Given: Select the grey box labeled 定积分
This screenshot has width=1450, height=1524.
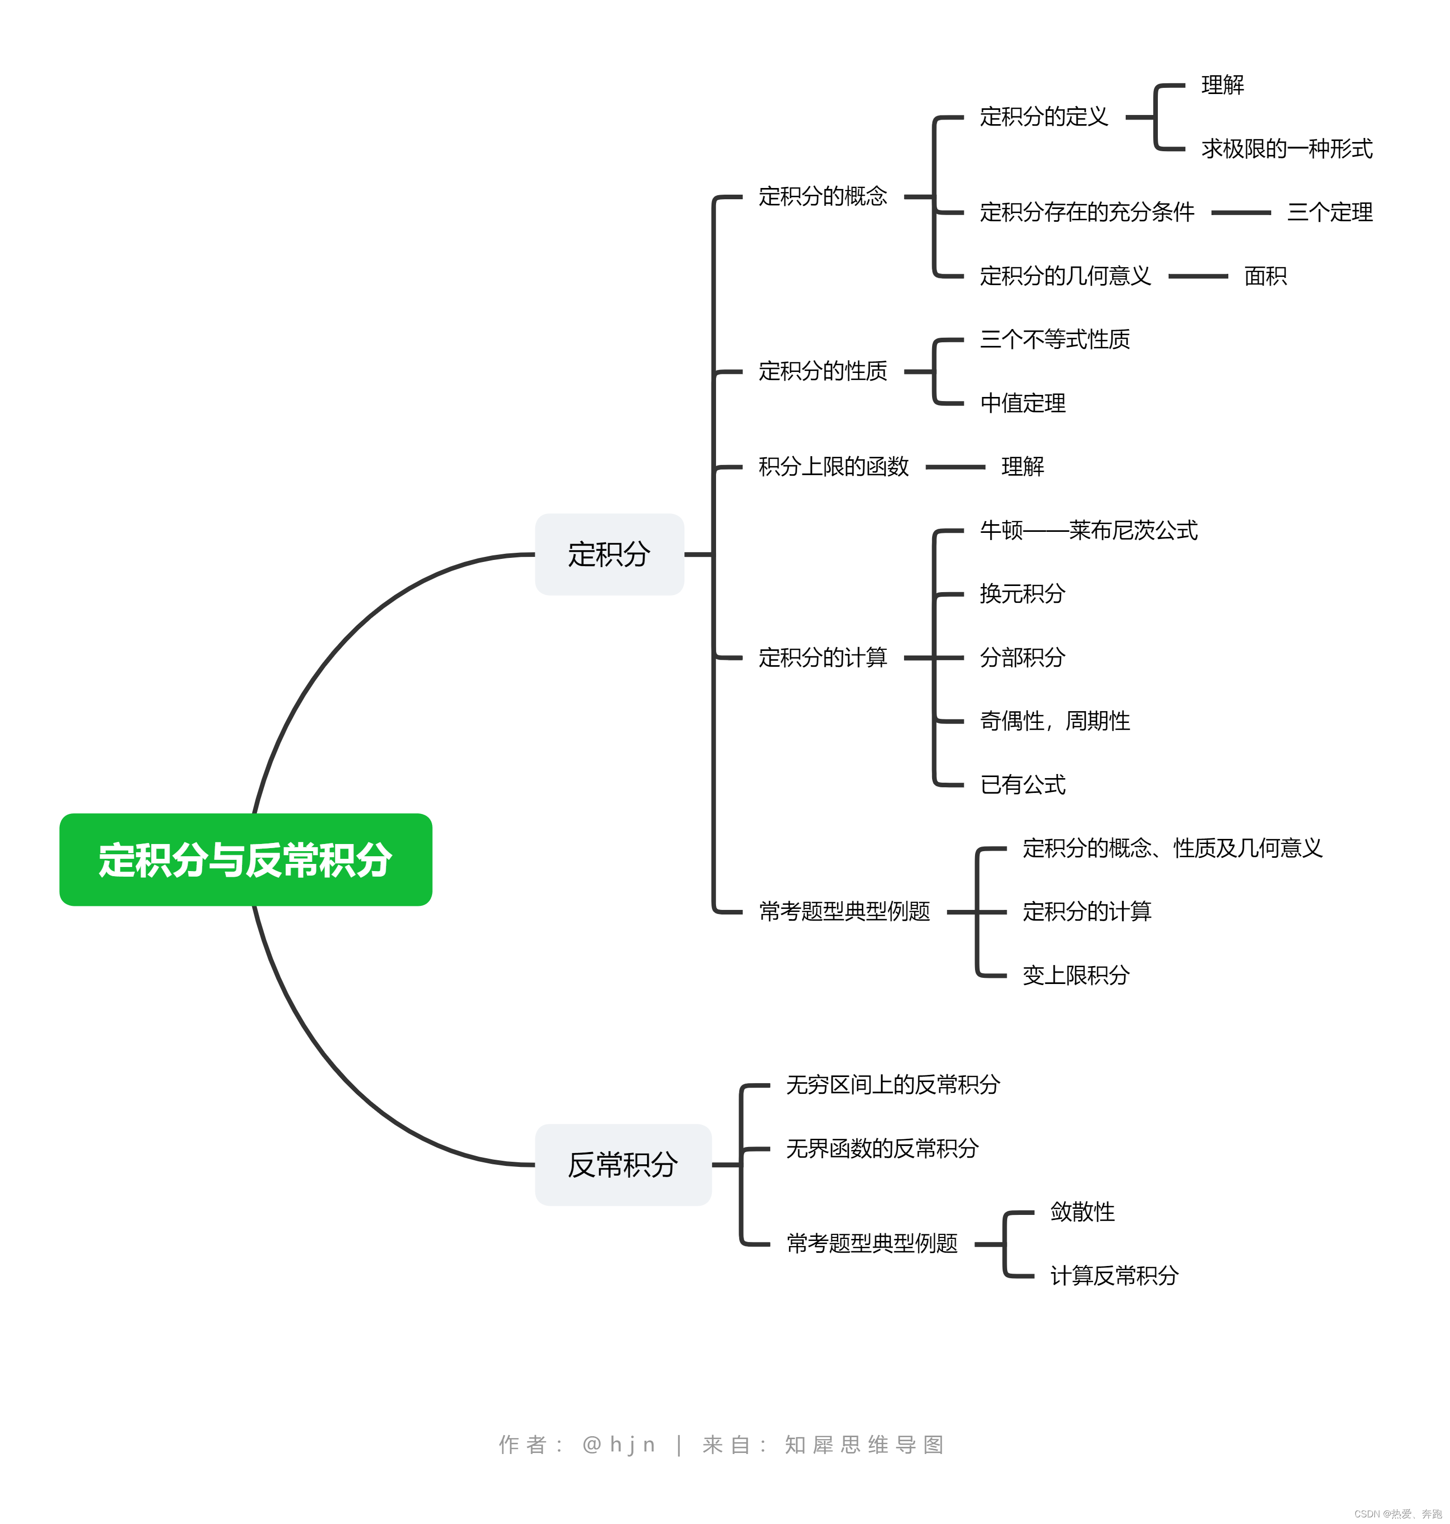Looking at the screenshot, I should pyautogui.click(x=609, y=554).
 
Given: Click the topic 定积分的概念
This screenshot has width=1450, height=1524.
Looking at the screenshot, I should pyautogui.click(x=822, y=196).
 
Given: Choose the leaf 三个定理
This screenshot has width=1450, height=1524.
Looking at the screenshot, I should pyautogui.click(x=1329, y=212).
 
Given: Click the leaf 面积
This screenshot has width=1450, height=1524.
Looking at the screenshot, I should pyautogui.click(x=1265, y=276).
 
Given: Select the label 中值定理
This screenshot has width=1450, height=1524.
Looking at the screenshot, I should pyautogui.click(x=1023, y=403).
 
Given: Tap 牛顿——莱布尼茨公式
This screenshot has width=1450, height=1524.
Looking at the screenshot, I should pyautogui.click(x=1088, y=530).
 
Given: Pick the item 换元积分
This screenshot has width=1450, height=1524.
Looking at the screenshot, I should pyautogui.click(x=1023, y=594).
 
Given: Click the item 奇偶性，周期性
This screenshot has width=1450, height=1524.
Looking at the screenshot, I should pyautogui.click(x=1054, y=721).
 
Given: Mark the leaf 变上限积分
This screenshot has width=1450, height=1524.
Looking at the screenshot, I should pyautogui.click(x=1076, y=975).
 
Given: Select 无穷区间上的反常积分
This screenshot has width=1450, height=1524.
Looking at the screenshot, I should pyautogui.click(x=893, y=1085).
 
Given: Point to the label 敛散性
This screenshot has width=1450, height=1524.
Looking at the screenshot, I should pyautogui.click(x=1082, y=1212).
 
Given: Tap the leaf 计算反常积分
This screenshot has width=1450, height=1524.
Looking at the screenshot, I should pyautogui.click(x=1114, y=1275).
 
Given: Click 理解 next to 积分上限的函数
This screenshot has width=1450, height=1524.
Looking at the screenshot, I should pyautogui.click(x=1023, y=466).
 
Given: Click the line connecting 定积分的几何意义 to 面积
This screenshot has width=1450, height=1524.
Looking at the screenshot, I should pyautogui.click(x=1198, y=276).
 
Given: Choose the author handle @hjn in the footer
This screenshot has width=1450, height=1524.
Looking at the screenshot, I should pyautogui.click(x=619, y=1444).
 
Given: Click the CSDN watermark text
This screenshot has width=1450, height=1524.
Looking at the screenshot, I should pyautogui.click(x=1397, y=1513).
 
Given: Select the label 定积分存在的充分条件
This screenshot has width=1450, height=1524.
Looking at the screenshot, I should pyautogui.click(x=1087, y=212).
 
